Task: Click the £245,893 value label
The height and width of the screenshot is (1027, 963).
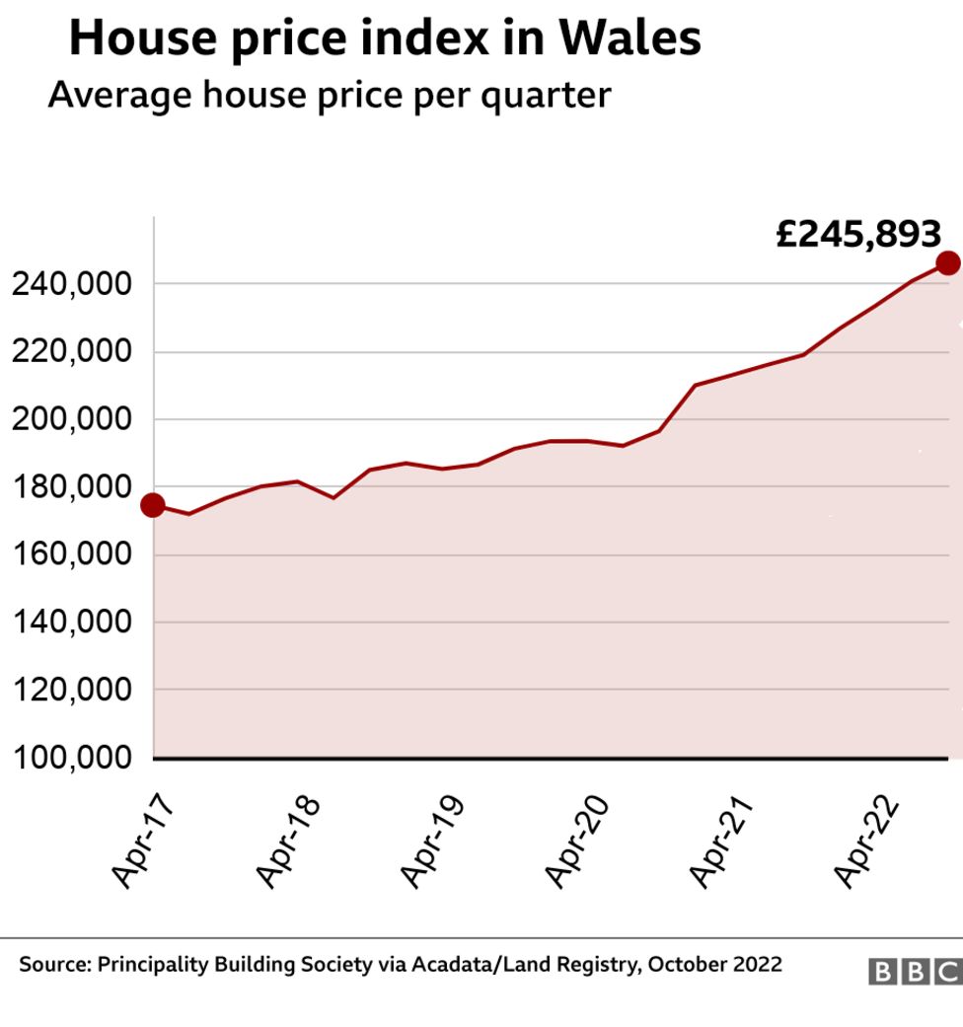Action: [x=858, y=234]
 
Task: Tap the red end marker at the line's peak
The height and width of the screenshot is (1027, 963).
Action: [x=947, y=262]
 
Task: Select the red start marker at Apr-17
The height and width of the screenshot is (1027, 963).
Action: [x=153, y=505]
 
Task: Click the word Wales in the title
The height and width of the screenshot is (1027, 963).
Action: [x=630, y=37]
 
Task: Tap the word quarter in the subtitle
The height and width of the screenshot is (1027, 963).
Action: [x=547, y=97]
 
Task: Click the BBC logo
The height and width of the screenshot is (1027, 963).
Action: [x=915, y=971]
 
